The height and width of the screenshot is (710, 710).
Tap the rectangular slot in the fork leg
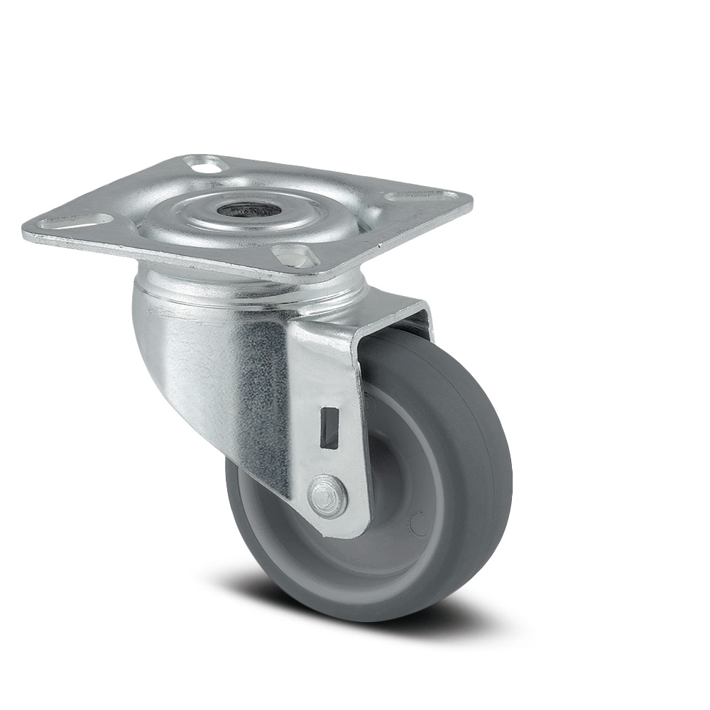329,427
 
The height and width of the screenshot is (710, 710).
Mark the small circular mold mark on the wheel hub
419,525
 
